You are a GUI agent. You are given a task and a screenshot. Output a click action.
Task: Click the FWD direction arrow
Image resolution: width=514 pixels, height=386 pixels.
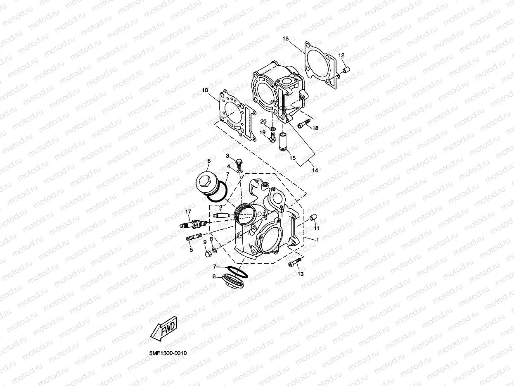(x=164, y=329)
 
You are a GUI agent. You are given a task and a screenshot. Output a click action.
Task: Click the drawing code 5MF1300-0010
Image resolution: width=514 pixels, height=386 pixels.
(x=168, y=354)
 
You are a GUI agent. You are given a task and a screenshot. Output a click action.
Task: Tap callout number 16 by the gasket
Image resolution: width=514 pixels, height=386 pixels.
(x=285, y=38)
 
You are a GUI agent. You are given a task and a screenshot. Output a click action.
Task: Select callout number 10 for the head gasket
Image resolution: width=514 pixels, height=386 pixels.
(x=205, y=90)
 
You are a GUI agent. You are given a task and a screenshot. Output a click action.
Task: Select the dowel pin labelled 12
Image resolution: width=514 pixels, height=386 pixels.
(x=346, y=69)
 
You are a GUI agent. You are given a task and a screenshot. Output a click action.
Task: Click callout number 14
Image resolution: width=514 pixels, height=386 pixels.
(x=315, y=170)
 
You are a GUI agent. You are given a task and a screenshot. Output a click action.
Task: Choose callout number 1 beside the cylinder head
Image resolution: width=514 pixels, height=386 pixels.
(x=317, y=240)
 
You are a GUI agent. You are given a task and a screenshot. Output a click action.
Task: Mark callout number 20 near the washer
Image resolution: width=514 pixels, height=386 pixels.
(x=263, y=121)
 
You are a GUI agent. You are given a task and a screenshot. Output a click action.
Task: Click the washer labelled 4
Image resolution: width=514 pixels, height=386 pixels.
(x=239, y=170)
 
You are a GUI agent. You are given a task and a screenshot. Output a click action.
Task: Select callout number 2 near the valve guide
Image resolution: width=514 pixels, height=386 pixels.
(x=221, y=207)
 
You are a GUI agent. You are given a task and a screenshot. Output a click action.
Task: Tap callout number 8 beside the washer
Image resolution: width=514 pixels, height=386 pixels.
(x=211, y=239)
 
